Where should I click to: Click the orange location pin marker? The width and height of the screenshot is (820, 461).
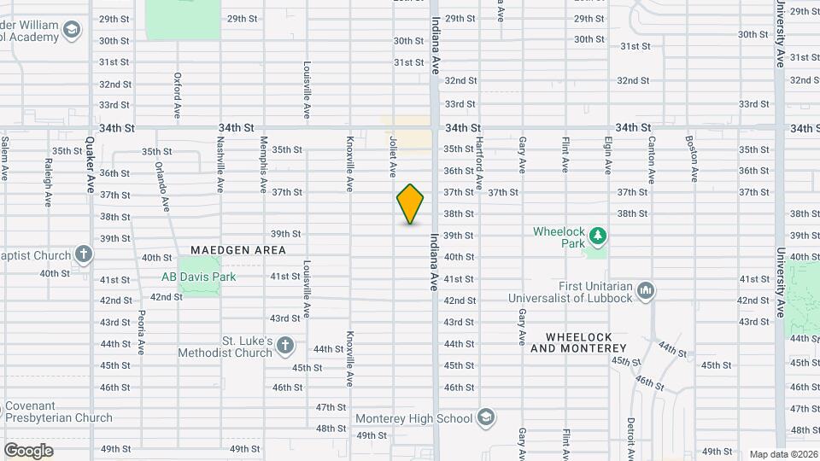point(411,204)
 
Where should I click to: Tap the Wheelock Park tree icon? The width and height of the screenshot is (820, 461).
point(599,234)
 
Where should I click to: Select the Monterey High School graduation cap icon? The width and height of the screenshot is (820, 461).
point(485,417)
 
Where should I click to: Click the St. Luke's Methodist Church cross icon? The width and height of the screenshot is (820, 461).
point(285,346)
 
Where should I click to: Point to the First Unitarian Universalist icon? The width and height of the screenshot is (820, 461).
point(646,291)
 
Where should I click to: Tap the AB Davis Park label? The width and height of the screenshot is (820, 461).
point(199,277)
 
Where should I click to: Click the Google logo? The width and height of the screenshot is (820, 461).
point(28,450)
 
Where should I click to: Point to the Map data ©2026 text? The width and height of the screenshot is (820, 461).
point(782,454)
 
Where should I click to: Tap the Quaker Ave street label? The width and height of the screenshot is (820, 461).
point(90,164)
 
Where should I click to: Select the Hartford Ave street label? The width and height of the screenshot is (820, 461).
point(479,162)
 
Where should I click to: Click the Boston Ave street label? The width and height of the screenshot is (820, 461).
point(694,157)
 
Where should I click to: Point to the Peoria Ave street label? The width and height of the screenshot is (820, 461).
point(141,330)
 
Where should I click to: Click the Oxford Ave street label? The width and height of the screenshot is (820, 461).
point(178,95)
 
